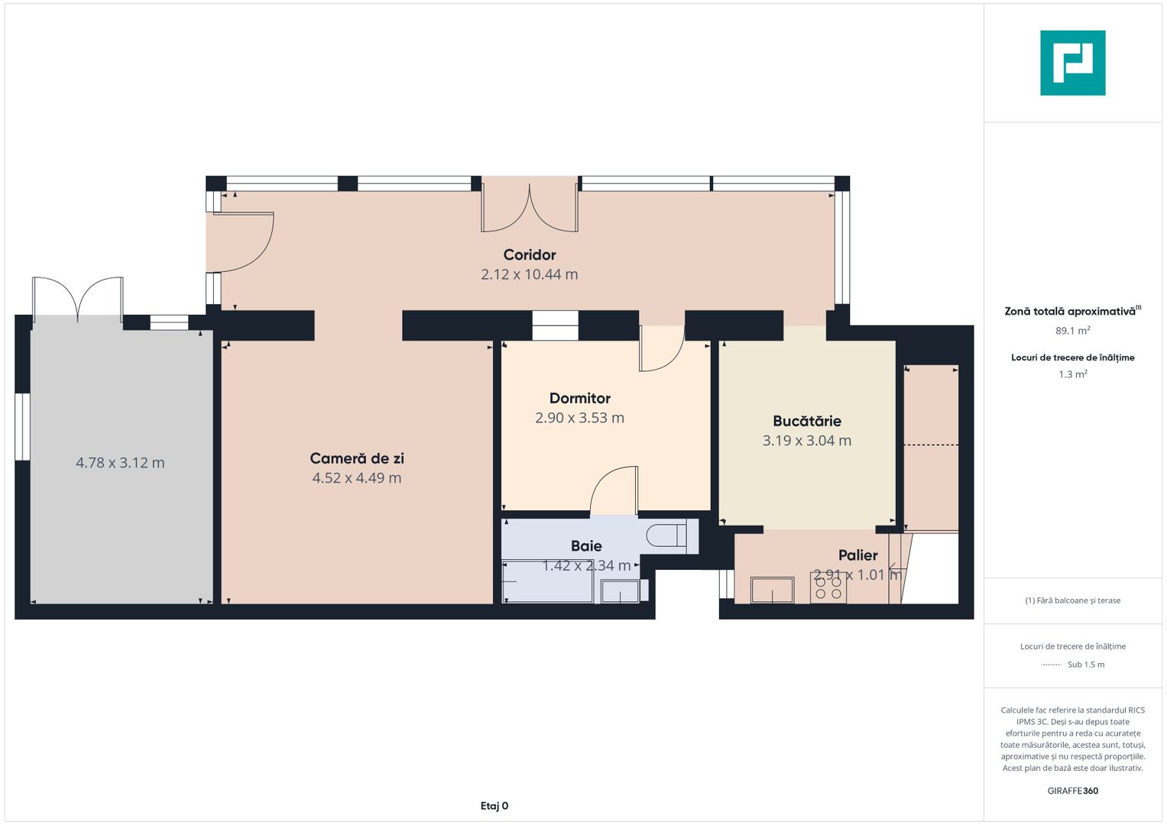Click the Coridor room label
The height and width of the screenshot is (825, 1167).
[x=529, y=255]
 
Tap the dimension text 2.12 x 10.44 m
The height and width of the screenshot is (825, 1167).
[x=529, y=274]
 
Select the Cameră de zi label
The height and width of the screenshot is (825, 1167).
[x=357, y=458]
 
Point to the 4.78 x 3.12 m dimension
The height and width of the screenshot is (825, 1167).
[x=120, y=463]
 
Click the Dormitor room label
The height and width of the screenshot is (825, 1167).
[x=579, y=398]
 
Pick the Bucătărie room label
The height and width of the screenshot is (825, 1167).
[x=806, y=421]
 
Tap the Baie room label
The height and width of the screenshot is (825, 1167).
[x=586, y=545]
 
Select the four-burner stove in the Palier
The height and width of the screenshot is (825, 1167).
[x=828, y=587]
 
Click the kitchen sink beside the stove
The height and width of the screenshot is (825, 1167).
[x=772, y=590]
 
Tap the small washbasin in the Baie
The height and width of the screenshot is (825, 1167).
[x=620, y=591]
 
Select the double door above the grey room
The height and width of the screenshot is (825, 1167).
[x=77, y=298]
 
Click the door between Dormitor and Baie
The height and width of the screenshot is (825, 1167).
[x=614, y=490]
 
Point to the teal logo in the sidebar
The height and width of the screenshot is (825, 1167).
[x=1072, y=63]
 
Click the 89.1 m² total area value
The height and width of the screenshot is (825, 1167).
[x=1072, y=331]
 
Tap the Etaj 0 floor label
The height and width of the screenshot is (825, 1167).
[x=494, y=806]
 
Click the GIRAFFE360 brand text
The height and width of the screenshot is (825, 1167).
[x=1072, y=791]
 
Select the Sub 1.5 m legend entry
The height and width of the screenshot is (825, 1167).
[x=1085, y=665]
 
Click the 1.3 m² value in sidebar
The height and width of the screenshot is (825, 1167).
[x=1072, y=374]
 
